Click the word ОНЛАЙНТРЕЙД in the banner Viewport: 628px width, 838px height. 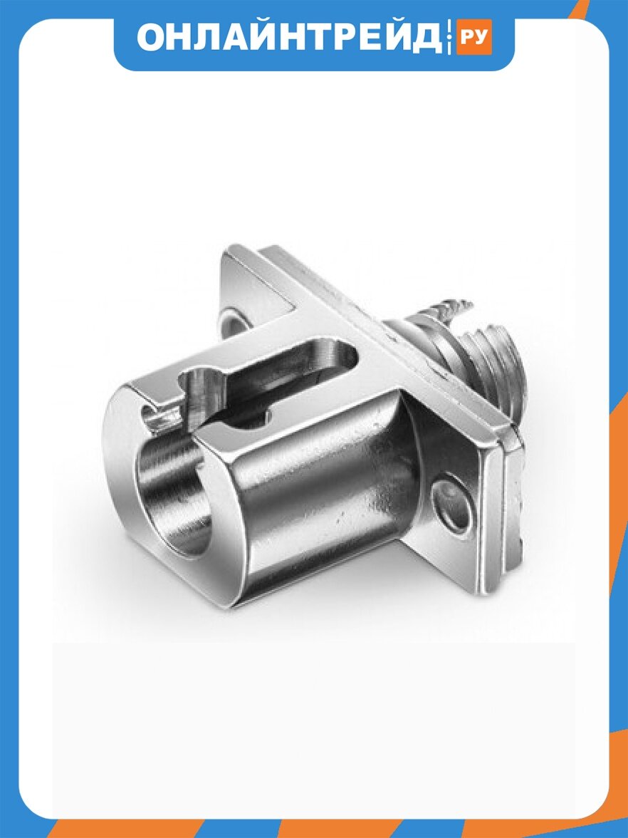tap(289, 38)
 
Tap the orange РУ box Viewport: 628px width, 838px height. tap(474, 37)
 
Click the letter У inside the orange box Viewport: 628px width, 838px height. tap(481, 38)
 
